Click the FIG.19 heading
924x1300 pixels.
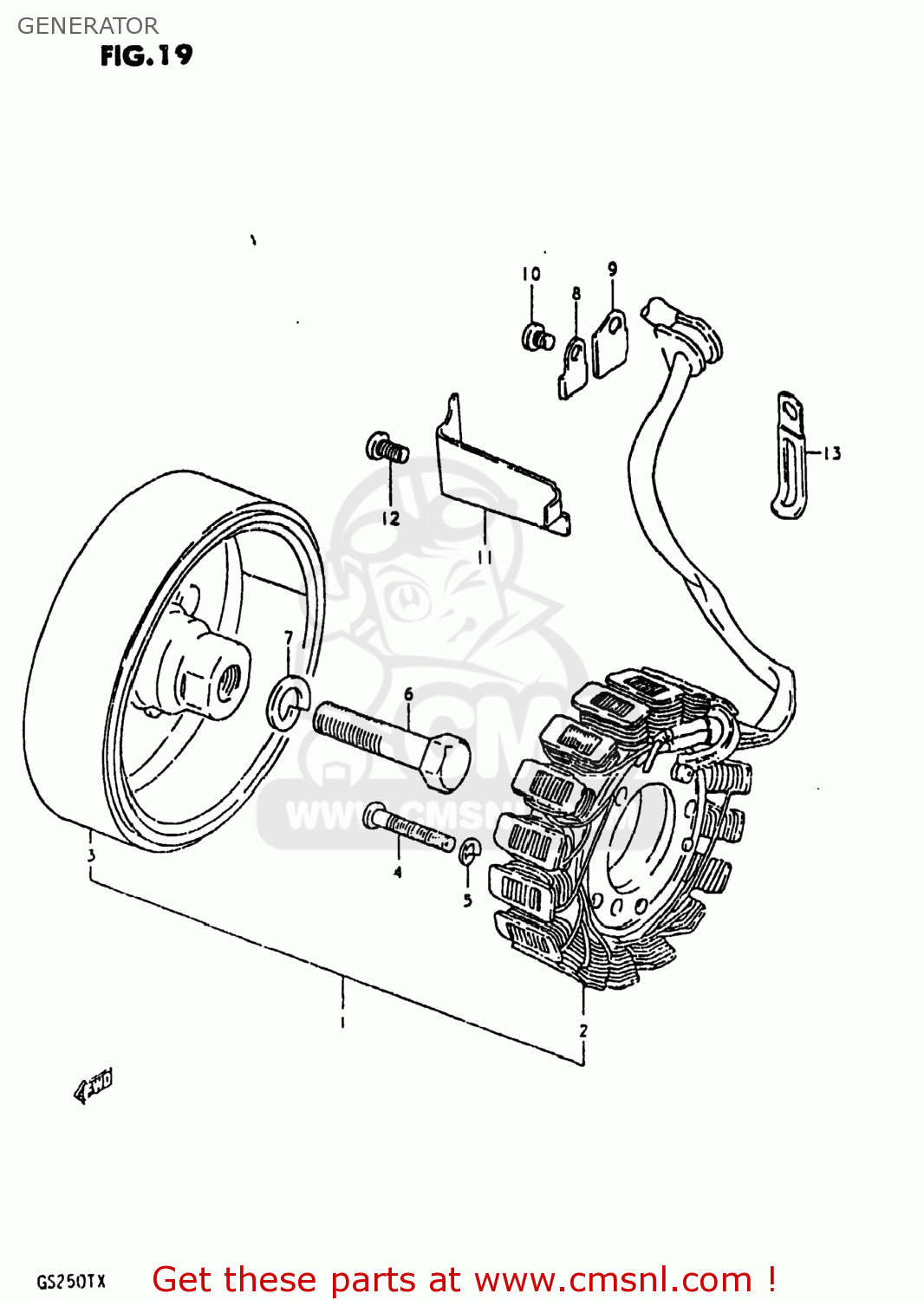(146, 56)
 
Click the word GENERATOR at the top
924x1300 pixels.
(88, 26)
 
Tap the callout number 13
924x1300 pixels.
(831, 452)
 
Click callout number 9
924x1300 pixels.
(613, 270)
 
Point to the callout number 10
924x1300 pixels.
(531, 274)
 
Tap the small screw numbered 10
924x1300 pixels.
(537, 337)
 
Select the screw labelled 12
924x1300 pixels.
(387, 448)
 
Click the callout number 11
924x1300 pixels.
(485, 557)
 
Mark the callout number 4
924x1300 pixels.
(398, 872)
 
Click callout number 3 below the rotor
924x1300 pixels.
(91, 856)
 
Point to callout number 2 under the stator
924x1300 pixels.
(583, 1030)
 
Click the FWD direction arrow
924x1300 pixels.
(94, 1086)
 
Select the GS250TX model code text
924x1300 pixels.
(71, 1282)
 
